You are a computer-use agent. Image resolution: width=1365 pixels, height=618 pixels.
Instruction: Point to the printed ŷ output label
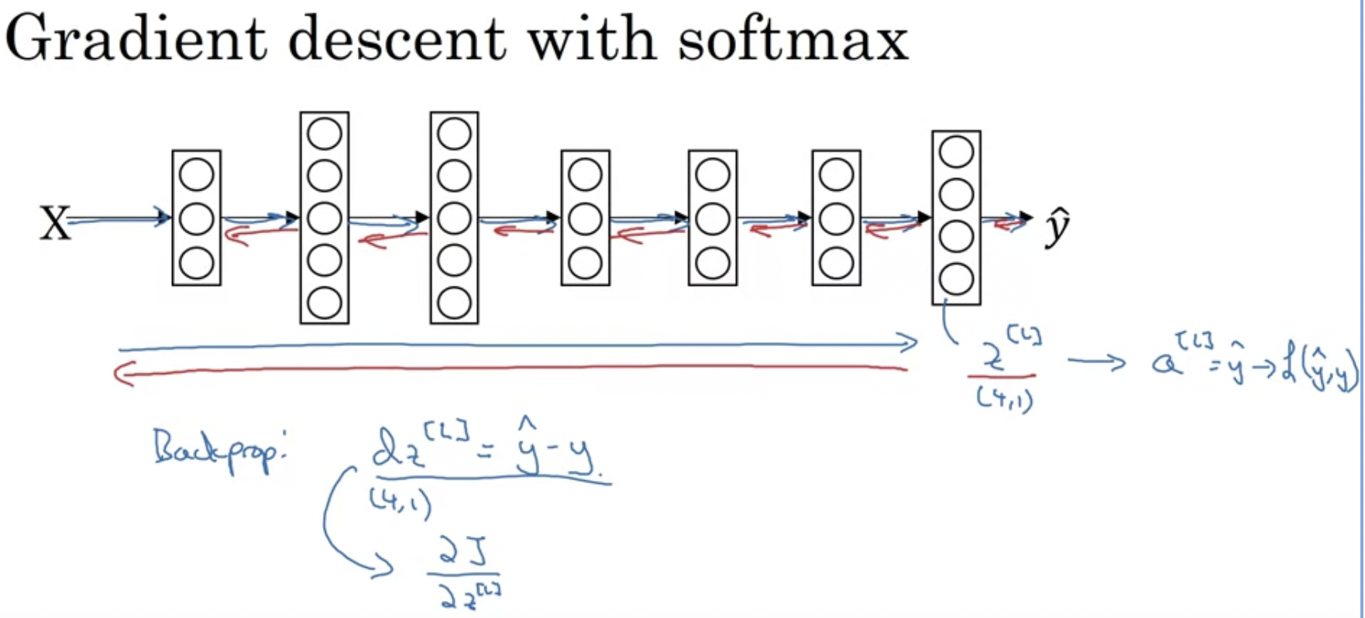point(1057,226)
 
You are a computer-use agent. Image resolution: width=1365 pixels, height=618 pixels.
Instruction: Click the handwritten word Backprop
point(218,449)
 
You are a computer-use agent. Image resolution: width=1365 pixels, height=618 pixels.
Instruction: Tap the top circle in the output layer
point(956,153)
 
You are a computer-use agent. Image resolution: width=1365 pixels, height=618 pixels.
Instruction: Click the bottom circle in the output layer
point(956,280)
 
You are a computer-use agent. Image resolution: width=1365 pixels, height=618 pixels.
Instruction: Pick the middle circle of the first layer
point(196,219)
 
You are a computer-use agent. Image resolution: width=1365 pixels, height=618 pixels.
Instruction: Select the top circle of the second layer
point(324,134)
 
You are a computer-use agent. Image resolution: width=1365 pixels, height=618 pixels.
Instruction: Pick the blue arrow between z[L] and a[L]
point(1095,361)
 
